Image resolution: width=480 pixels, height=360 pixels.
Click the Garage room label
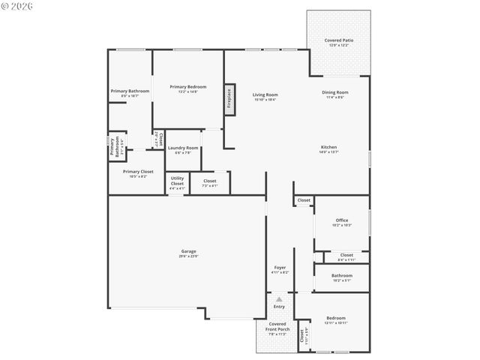point(188,251)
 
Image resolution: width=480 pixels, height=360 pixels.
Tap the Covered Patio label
point(338,40)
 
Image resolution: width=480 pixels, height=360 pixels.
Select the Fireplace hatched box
point(229,100)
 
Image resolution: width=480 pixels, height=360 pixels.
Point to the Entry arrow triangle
point(279,299)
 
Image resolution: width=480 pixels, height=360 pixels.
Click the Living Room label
point(265,94)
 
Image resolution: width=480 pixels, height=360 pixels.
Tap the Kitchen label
point(328,147)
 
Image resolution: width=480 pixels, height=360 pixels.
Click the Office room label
point(342,220)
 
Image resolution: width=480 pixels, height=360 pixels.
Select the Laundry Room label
point(183,148)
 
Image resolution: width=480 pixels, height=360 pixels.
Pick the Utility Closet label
point(177,181)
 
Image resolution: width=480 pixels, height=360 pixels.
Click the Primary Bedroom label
point(187,87)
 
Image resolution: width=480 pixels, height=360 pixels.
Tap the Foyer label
point(280,267)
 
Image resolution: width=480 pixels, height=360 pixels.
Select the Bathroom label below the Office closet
point(341,275)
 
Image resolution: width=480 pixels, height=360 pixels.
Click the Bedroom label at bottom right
point(335,317)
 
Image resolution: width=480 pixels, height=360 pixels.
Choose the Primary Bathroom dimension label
point(130,96)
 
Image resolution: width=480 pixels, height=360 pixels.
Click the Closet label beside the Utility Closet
point(210,181)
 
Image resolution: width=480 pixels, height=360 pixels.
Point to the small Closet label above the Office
point(304,200)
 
